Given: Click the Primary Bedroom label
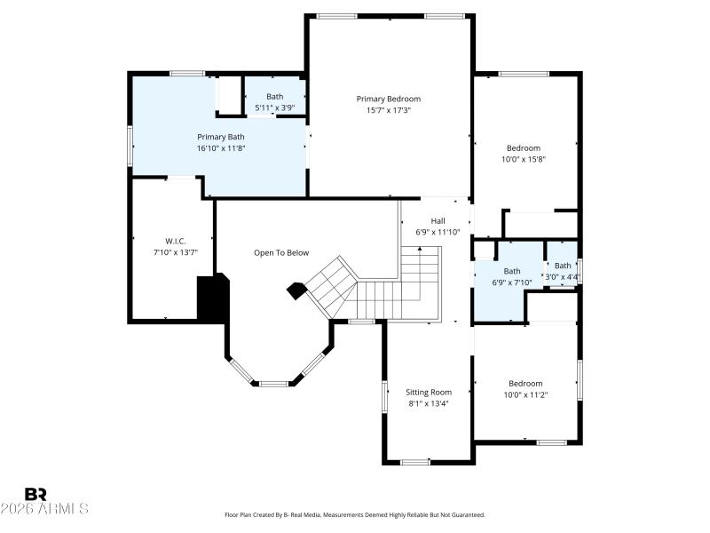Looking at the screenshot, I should point(388,99).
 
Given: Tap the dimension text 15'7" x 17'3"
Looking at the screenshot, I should point(388,110).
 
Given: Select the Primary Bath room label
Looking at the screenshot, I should point(220,137).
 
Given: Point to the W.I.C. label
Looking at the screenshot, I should point(174,241).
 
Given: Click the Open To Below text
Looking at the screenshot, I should point(281,253).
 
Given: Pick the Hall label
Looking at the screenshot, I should point(438,221).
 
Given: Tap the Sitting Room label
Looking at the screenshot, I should point(429,392).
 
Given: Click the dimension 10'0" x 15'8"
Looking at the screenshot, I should point(523,160).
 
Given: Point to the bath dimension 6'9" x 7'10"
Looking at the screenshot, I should point(512,282).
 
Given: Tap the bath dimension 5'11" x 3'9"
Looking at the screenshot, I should point(274,107).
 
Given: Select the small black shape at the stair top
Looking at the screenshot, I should point(296,290).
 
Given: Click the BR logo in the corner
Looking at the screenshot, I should point(35,493).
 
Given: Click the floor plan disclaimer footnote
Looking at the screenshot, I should point(355,514).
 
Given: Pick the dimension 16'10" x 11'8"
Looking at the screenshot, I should point(220,148).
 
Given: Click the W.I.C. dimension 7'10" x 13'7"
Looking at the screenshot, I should point(174,252).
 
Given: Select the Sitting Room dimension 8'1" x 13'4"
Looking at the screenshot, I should point(429,403).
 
